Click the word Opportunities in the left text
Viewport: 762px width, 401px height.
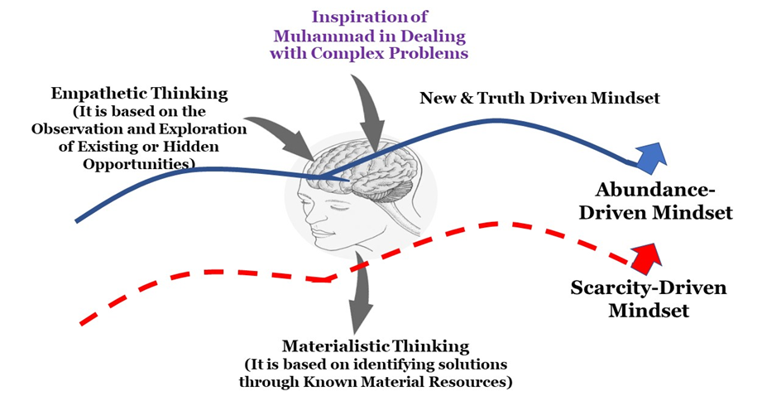pyautogui.click(x=142, y=163)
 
